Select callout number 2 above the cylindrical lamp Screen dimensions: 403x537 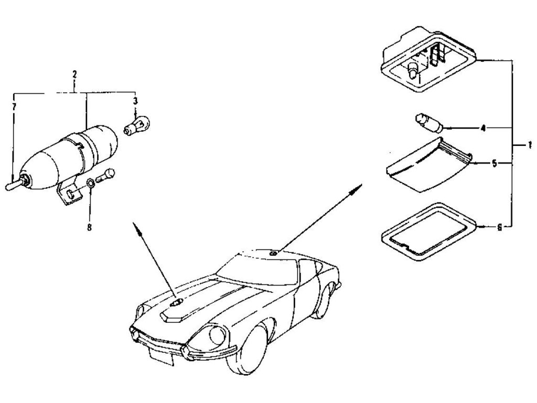pos(74,75)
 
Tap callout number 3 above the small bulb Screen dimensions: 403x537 pos(135,100)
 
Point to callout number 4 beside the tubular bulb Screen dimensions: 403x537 pos(483,128)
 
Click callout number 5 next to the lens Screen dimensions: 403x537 pos(493,163)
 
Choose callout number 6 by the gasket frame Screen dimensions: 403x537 pos(499,227)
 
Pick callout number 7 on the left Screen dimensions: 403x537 pos(14,107)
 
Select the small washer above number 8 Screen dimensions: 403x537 pos(90,184)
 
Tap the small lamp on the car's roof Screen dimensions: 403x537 pos(274,253)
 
